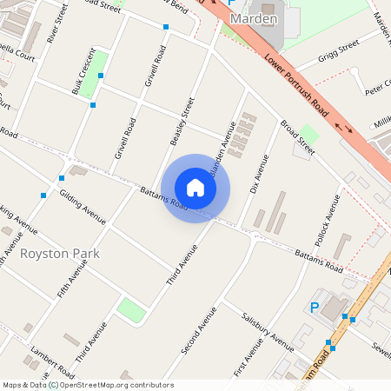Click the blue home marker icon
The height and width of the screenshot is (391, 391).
point(195,187)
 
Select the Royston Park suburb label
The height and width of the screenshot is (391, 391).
point(60,254)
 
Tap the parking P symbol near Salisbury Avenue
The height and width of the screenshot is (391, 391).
point(315,307)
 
